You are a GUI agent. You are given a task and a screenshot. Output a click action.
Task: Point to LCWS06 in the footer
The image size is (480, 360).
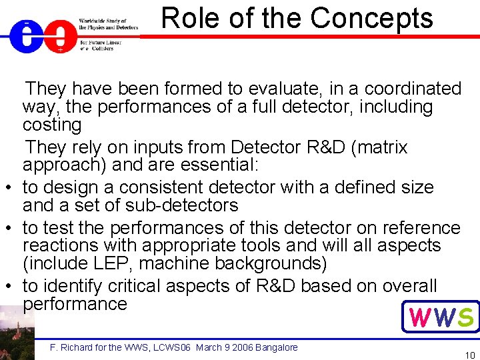pos(171,347)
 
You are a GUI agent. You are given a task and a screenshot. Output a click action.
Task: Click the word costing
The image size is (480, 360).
pos(52,125)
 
